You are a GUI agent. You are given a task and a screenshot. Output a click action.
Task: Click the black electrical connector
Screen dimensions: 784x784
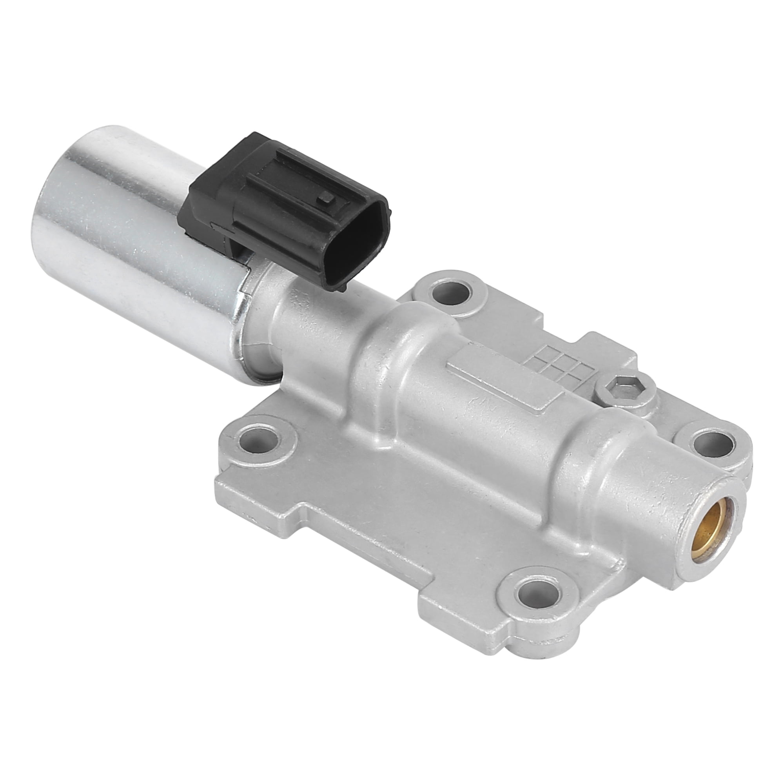(x=284, y=211)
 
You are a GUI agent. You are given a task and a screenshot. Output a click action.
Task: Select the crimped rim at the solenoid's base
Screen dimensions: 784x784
(x=240, y=325)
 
